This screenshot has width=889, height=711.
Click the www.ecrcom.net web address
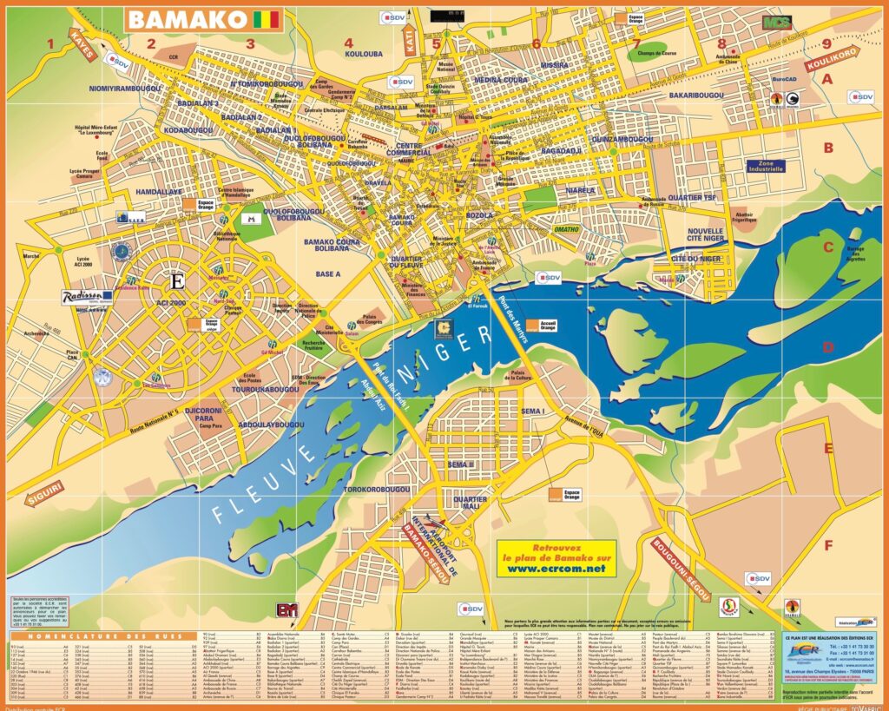click(556, 569)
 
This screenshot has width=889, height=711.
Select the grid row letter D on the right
click(827, 348)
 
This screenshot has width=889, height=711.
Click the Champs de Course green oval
click(662, 53)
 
